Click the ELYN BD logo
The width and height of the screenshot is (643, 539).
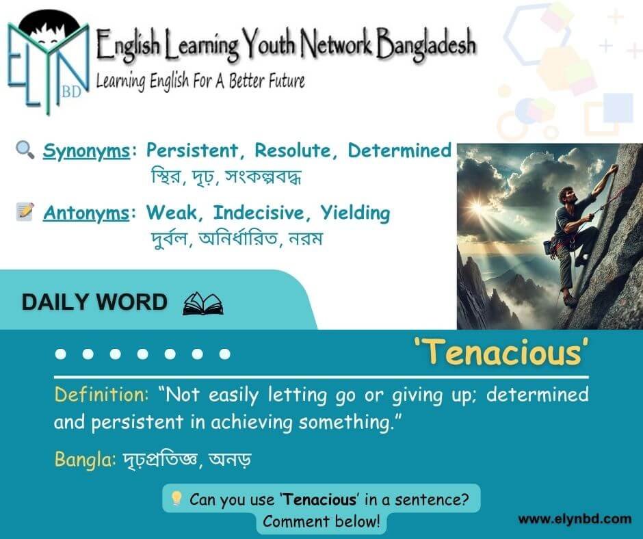tap(49, 62)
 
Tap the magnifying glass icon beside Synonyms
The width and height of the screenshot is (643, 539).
tap(25, 149)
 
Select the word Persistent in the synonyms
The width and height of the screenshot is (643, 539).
tap(192, 150)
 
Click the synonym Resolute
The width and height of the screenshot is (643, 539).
tap(292, 150)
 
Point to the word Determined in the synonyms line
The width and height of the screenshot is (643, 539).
tap(399, 150)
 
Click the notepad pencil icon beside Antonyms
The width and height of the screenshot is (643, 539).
tap(25, 211)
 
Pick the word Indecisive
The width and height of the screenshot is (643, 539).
tap(258, 213)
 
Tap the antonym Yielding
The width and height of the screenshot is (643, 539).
tap(355, 213)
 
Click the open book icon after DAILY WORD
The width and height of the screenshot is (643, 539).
tap(203, 304)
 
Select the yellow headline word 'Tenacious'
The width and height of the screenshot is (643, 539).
tap(501, 352)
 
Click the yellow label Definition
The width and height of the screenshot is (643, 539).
tap(101, 395)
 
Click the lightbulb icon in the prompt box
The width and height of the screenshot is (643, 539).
tap(176, 499)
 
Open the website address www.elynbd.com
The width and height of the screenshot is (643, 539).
tap(575, 519)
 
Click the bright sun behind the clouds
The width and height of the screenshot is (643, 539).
tap(477, 207)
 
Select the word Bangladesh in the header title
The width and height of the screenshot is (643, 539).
tap(425, 44)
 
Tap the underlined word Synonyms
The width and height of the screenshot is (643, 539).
tap(86, 151)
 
